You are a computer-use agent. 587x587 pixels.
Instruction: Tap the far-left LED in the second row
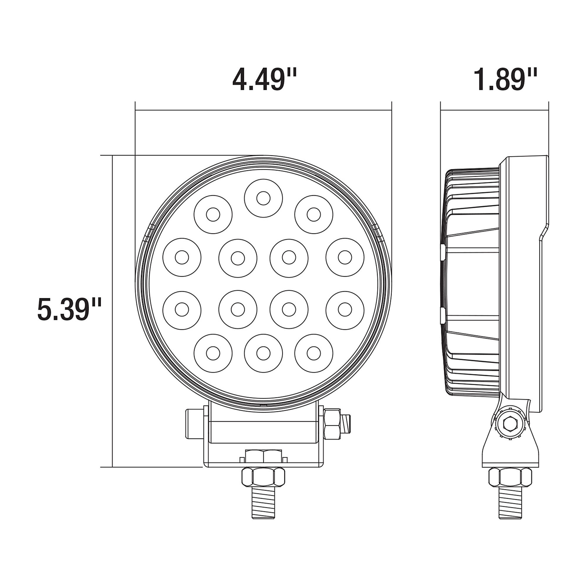click(182, 257)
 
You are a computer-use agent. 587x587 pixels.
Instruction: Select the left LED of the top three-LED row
click(213, 215)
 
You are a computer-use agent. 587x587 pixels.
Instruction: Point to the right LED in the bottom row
click(314, 353)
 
